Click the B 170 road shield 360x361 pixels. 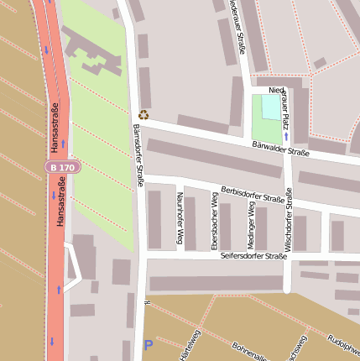[62, 168]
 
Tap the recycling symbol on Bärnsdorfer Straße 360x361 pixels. [143, 115]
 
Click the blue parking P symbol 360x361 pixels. [149, 344]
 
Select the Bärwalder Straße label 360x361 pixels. [281, 149]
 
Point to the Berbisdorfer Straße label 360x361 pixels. [252, 195]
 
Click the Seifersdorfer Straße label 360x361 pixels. [253, 255]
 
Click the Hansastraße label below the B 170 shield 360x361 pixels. [60, 206]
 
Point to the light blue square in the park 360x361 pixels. [269, 107]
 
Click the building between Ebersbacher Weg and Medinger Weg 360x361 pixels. [226, 226]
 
